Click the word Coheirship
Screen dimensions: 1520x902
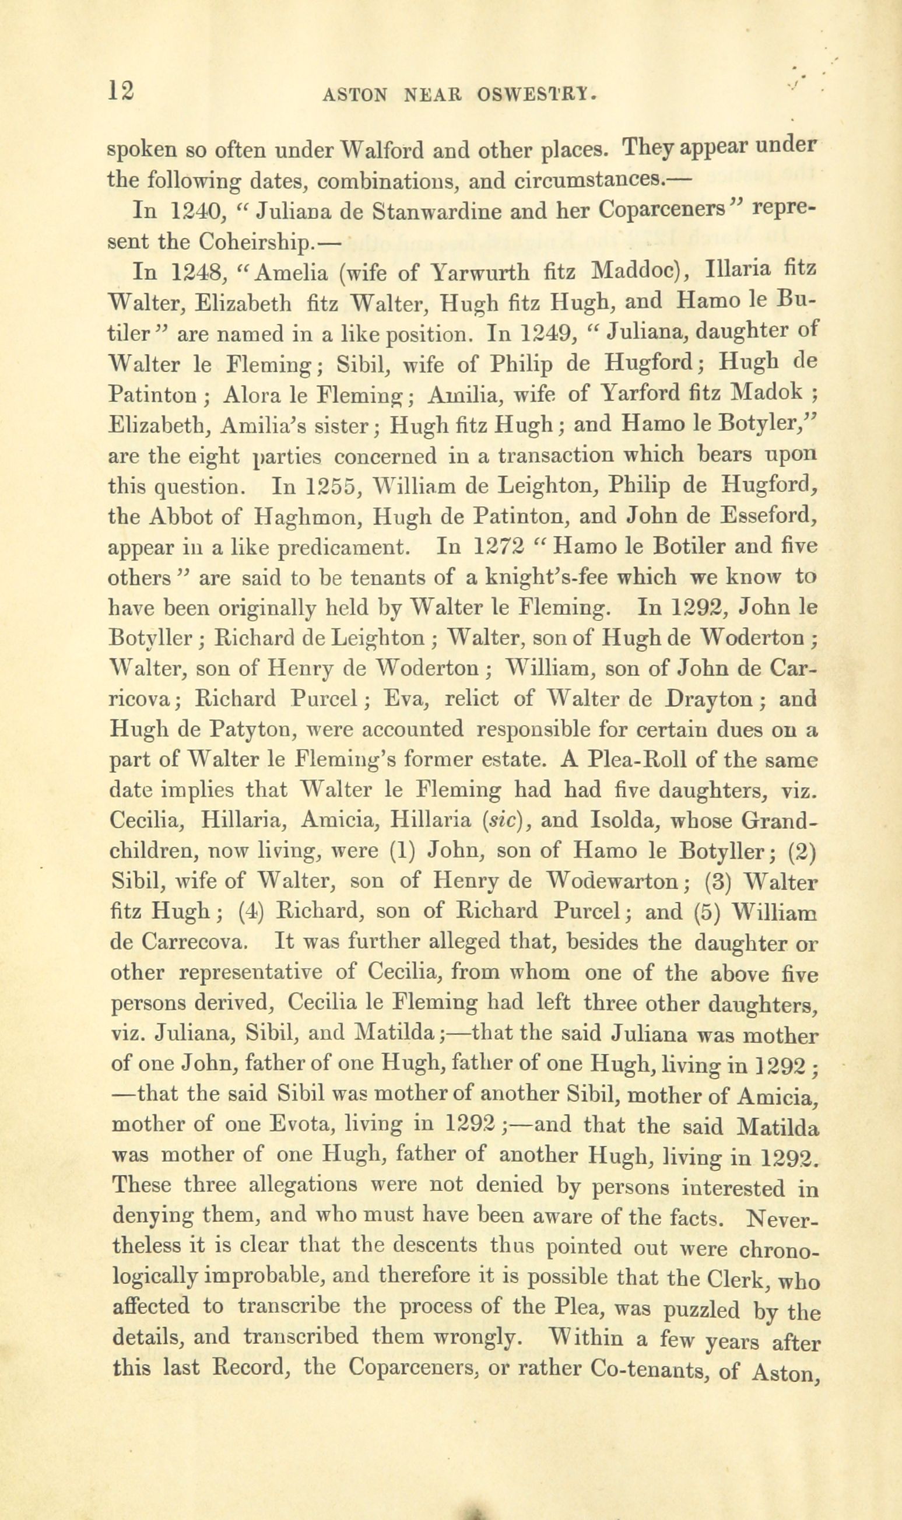coord(257,241)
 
